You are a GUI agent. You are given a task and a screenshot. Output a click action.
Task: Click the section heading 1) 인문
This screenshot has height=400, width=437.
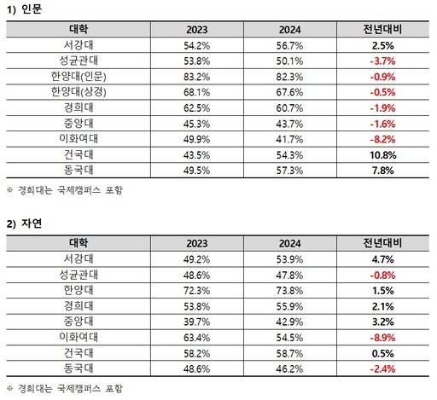pos(24,9)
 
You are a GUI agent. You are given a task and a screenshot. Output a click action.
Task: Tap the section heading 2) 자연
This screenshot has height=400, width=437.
pos(24,223)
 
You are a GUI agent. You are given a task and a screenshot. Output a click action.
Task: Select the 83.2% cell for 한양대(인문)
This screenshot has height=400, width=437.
pos(196,77)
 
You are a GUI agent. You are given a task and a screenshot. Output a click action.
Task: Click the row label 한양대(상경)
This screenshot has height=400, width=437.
pos(79,92)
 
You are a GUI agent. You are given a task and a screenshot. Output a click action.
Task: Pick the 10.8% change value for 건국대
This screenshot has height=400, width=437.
pos(382,155)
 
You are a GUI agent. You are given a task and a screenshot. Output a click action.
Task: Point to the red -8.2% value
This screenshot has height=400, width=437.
pos(382,139)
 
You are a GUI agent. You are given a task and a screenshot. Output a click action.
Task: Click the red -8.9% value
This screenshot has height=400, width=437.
pos(382,338)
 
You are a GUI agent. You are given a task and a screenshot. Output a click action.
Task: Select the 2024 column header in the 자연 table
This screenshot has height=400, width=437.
pos(289,244)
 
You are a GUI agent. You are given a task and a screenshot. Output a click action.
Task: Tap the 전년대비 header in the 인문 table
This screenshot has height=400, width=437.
pos(382,29)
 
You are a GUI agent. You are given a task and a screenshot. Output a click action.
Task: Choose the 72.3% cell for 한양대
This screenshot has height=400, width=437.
pos(196,291)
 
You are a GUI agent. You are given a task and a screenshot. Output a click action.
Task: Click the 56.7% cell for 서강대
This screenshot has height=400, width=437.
pos(289,45)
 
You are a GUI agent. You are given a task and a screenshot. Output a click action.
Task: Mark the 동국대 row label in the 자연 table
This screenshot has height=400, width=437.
pos(79,368)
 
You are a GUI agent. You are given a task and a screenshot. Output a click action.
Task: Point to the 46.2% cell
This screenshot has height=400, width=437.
pos(289,369)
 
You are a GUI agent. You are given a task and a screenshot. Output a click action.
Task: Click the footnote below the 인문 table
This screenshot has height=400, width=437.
pos(65,190)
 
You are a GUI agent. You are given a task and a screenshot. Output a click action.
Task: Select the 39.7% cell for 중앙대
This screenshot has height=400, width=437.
pos(196,322)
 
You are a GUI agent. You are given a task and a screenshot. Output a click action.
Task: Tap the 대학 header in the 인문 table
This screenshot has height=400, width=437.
pos(79,29)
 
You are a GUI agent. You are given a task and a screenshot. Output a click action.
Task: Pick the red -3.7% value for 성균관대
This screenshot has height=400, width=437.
pos(382,61)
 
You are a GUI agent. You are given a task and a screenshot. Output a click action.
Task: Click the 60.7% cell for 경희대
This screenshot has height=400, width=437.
pos(289,108)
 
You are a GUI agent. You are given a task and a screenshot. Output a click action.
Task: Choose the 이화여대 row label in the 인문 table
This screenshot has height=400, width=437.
pos(79,139)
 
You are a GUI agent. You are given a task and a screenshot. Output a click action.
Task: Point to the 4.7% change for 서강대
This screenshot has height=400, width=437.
pos(382,259)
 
